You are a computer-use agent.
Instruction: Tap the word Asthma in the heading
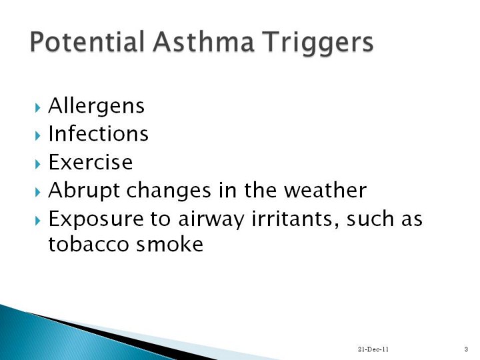[203, 41]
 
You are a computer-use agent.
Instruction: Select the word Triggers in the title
[319, 43]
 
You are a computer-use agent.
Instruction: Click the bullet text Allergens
[96, 107]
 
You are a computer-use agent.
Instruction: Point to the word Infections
[98, 133]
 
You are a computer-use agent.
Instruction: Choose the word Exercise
[91, 161]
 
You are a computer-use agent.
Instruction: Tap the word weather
[325, 190]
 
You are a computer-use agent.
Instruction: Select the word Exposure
[96, 219]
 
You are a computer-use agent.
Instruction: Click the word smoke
[169, 243]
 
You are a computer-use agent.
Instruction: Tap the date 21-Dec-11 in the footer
[373, 349]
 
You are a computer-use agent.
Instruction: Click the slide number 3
[466, 349]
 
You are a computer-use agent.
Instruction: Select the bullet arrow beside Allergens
[37, 108]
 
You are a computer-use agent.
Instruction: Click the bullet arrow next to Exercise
[37, 165]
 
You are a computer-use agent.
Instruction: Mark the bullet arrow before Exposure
[37, 221]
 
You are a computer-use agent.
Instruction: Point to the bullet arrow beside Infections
[37, 135]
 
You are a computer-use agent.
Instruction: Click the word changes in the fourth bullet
[169, 191]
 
